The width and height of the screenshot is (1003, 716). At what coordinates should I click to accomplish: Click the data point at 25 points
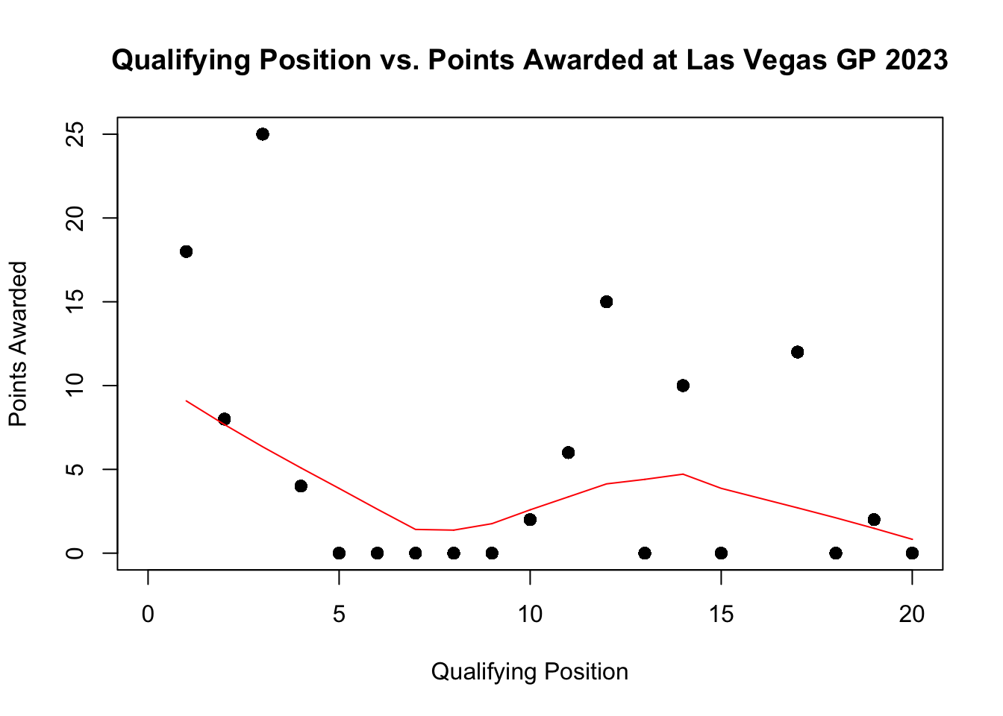[x=263, y=134]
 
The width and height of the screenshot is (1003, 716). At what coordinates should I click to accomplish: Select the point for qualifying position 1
[x=187, y=251]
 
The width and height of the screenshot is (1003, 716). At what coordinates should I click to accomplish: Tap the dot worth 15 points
[x=606, y=301]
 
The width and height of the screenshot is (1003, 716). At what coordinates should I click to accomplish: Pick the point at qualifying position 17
[x=798, y=352]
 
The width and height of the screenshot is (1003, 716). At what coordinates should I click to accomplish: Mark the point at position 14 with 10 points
[x=683, y=386]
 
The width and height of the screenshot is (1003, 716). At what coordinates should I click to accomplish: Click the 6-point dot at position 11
[x=568, y=453]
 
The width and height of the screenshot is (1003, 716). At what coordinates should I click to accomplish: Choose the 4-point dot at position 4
[x=301, y=486]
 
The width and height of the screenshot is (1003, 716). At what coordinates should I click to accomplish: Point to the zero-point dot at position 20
[x=912, y=553]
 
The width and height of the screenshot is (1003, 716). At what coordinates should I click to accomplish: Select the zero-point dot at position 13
[x=644, y=553]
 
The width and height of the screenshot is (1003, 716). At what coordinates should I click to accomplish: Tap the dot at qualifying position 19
[x=874, y=520]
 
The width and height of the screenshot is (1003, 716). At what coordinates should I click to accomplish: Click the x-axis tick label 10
[x=530, y=614]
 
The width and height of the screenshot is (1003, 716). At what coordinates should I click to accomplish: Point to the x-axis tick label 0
[x=148, y=614]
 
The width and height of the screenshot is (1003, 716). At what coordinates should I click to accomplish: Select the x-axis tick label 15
[x=722, y=614]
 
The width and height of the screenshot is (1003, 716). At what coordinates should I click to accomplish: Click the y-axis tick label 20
[x=75, y=219]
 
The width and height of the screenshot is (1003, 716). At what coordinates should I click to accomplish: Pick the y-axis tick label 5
[x=75, y=469]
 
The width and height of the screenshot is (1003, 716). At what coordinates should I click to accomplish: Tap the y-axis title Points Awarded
[x=18, y=344]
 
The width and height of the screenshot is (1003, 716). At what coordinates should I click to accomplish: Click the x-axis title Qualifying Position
[x=530, y=672]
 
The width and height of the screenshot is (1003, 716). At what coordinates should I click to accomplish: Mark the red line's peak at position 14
[x=683, y=474]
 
